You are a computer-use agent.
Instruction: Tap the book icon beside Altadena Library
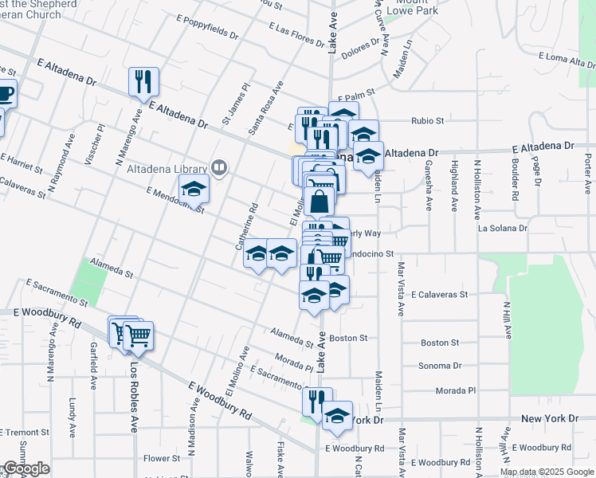tap(218, 167)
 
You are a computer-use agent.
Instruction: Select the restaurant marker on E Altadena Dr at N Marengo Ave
tap(143, 81)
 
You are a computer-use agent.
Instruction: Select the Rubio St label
tap(427, 121)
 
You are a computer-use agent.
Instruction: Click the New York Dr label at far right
tap(550, 418)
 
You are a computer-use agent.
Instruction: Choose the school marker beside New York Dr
tap(337, 416)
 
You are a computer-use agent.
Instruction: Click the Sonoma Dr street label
tap(440, 366)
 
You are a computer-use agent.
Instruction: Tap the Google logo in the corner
tap(25, 469)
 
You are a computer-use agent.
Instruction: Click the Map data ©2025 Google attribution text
tap(547, 472)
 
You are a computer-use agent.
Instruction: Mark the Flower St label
tap(162, 458)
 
